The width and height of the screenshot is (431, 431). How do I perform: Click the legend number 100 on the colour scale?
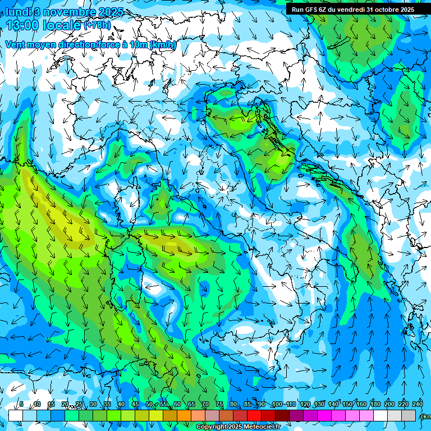pos(277,405)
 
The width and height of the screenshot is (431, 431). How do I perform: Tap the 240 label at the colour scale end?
pos(417,405)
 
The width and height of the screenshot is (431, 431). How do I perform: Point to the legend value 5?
pos(21,405)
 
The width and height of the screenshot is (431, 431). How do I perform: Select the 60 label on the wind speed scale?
pos(177,405)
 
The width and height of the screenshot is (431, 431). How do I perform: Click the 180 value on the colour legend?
pos(375,405)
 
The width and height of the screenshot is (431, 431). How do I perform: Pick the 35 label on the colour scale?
pos(107,405)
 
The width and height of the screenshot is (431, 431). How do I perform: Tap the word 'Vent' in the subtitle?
pos(15,44)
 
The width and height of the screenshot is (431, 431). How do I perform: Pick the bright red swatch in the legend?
pos(254,415)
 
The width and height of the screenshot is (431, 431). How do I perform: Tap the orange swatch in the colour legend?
pos(184,415)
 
